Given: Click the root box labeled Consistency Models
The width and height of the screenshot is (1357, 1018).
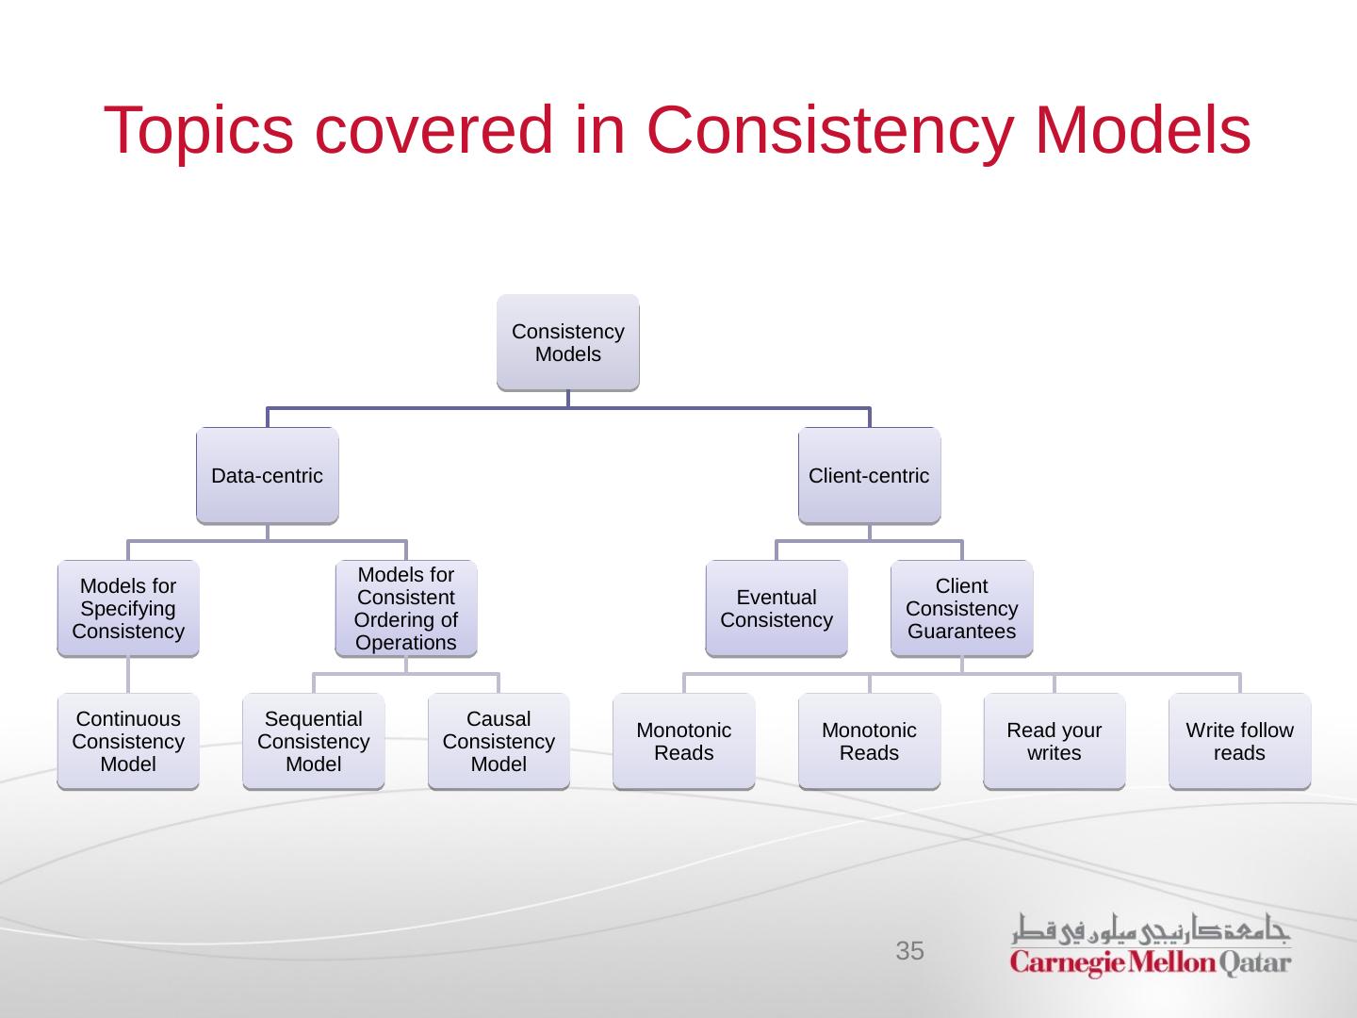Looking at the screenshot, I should click(x=567, y=343).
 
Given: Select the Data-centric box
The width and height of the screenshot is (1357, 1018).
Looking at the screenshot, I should click(x=267, y=476).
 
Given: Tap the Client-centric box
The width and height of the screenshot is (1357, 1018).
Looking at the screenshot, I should click(x=869, y=476).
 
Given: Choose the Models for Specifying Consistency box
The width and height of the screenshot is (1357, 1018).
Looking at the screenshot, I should click(x=128, y=609).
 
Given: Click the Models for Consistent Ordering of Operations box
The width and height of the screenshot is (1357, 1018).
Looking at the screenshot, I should click(x=406, y=609).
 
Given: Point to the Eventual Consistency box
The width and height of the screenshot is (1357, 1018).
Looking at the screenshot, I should click(x=777, y=609).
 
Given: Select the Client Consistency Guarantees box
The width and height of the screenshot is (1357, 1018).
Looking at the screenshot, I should click(x=961, y=609).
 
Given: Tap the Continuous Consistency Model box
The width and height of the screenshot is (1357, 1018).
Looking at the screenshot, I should click(x=128, y=742).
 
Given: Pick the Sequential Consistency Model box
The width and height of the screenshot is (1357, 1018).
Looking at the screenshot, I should click(x=313, y=742).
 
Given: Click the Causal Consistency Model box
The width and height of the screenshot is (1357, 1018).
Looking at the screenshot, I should click(x=499, y=742).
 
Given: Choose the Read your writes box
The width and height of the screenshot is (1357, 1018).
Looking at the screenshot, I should click(x=1054, y=742).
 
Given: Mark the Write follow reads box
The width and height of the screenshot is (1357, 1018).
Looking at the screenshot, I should click(x=1239, y=742).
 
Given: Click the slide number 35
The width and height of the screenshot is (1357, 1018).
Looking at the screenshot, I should click(x=909, y=951).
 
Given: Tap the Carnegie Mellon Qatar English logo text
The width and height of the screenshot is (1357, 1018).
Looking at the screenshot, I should click(x=1151, y=963).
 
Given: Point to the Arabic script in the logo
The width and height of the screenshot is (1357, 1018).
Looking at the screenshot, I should click(x=1151, y=929).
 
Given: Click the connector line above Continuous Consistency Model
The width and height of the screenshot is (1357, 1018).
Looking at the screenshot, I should click(x=128, y=675).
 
